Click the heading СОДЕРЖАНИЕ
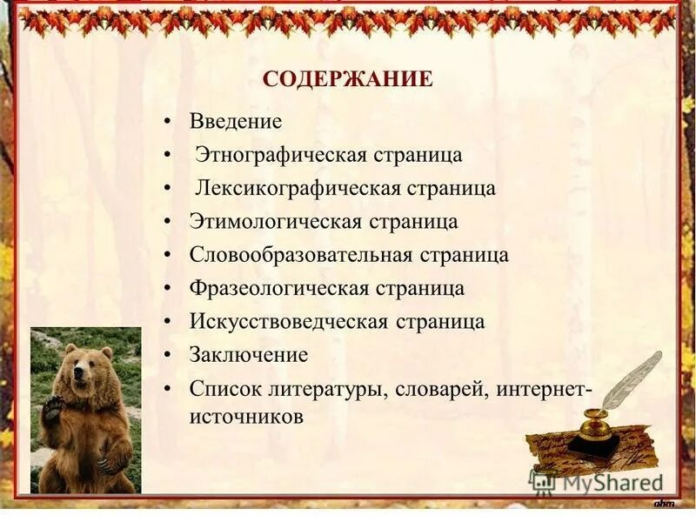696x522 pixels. pos(347,80)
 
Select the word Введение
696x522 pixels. pos(236,121)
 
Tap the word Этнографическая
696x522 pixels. pos(280,155)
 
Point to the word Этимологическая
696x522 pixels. pos(275,221)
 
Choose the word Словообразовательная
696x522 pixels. pos(301,255)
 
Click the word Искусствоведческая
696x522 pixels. pos(289,321)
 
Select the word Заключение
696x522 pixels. pos(249,355)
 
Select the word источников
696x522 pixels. pos(246,417)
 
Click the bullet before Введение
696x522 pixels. pos(167,122)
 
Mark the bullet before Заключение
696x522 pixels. pos(167,355)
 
